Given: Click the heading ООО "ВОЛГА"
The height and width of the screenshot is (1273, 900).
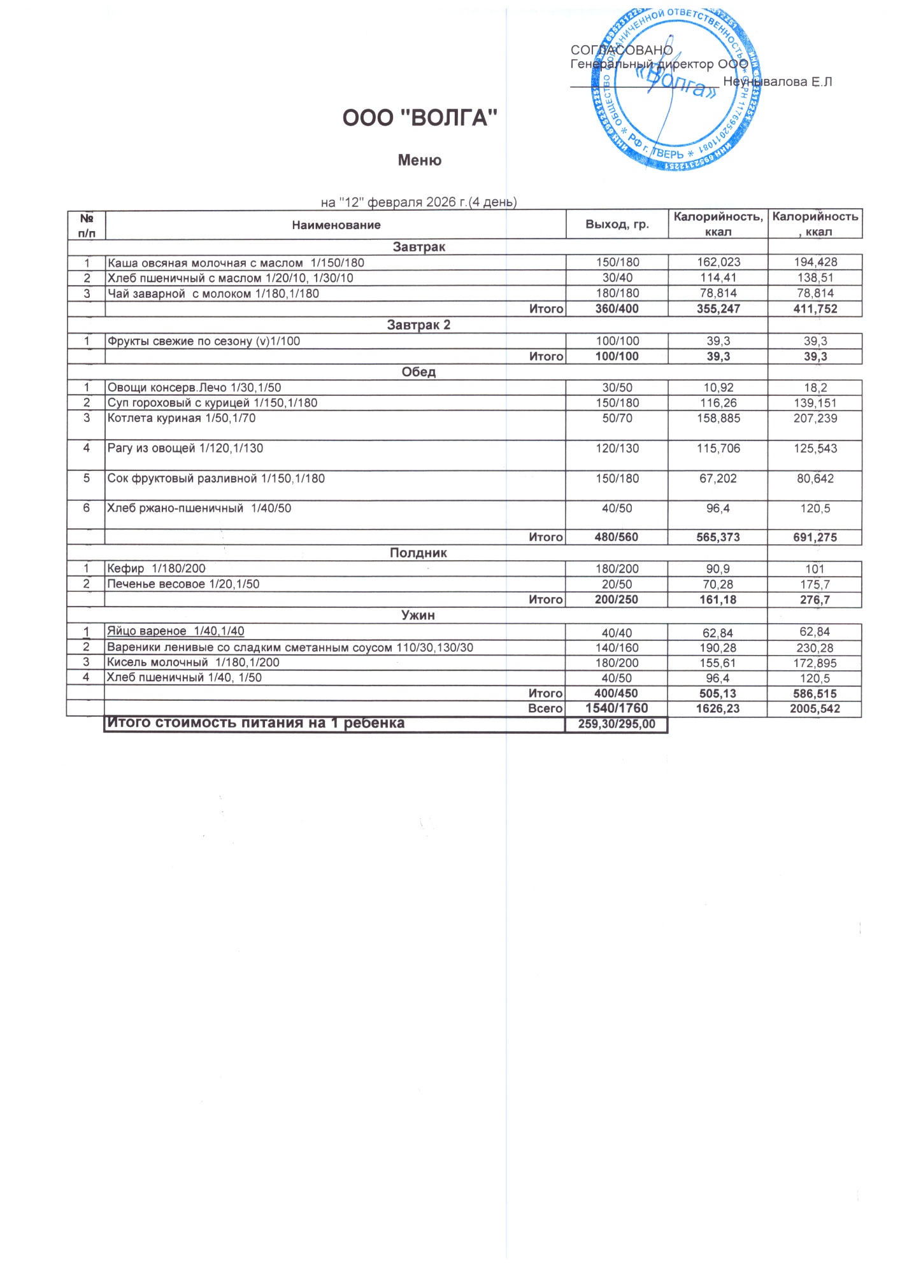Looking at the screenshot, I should point(419,118).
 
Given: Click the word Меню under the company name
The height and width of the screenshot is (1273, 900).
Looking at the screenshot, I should point(419,160).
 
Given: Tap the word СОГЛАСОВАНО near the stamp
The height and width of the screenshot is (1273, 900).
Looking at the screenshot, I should point(621,50).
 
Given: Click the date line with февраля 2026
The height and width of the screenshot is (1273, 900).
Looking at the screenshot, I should point(418,202).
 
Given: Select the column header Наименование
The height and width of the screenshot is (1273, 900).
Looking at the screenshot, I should point(336,225).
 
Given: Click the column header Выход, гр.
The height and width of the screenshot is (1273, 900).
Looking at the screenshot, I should point(617,224).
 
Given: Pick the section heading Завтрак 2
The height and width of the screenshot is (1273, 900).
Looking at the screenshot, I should point(418,325).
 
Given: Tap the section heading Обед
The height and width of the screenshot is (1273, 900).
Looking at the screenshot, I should point(418,372).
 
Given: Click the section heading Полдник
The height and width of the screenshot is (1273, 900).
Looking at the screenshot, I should point(418,553).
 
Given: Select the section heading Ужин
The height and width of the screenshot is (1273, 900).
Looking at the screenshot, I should point(418,615).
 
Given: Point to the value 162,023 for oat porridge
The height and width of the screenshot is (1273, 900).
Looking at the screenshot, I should point(718,262).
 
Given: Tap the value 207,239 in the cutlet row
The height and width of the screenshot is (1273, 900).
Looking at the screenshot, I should point(815,418).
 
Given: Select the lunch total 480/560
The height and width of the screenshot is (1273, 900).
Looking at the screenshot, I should point(616,537).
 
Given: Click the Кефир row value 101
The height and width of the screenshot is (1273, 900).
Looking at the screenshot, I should point(815,569).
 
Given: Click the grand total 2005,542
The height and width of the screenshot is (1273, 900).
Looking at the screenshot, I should point(815,708).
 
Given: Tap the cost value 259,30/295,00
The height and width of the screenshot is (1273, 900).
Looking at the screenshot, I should point(616,724).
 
